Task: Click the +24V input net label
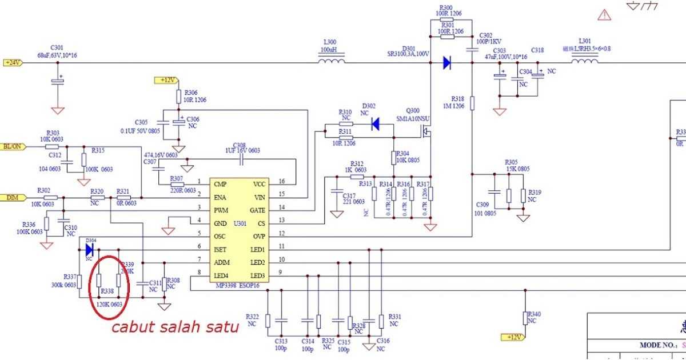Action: (x=13, y=62)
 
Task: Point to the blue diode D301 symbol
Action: (x=448, y=63)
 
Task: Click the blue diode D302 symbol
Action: (x=376, y=123)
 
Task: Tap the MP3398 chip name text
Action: (x=225, y=285)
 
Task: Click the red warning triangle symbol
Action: (x=604, y=15)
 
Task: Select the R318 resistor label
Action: (x=457, y=98)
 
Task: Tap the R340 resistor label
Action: (x=534, y=314)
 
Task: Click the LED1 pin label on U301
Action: (x=257, y=250)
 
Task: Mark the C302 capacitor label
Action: (x=486, y=35)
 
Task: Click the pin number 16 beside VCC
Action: (x=282, y=182)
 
